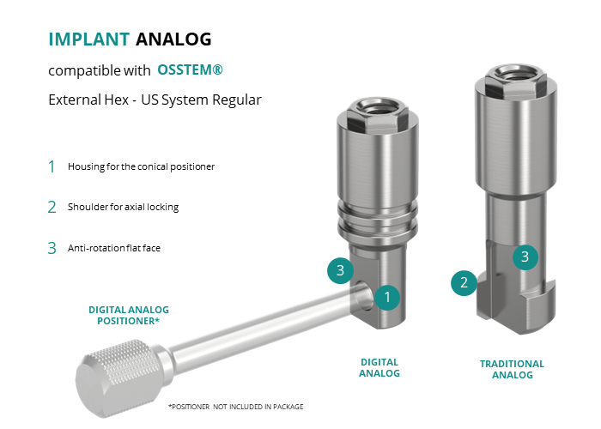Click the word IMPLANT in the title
click(x=89, y=39)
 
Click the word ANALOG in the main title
click(x=173, y=39)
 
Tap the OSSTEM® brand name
click(x=190, y=69)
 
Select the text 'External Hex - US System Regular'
click(x=155, y=100)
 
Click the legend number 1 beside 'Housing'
click(x=52, y=166)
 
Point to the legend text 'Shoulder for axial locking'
click(x=123, y=207)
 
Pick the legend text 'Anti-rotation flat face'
click(x=114, y=248)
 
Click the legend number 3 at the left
click(x=52, y=248)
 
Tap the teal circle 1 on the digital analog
click(x=387, y=297)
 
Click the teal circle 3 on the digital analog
click(x=340, y=270)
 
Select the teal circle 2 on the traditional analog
click(x=464, y=282)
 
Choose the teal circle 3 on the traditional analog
click(x=525, y=257)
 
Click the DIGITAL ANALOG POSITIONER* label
click(x=129, y=315)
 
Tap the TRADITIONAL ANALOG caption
click(x=512, y=369)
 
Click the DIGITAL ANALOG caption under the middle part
click(x=379, y=368)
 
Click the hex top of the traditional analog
click(x=515, y=81)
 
